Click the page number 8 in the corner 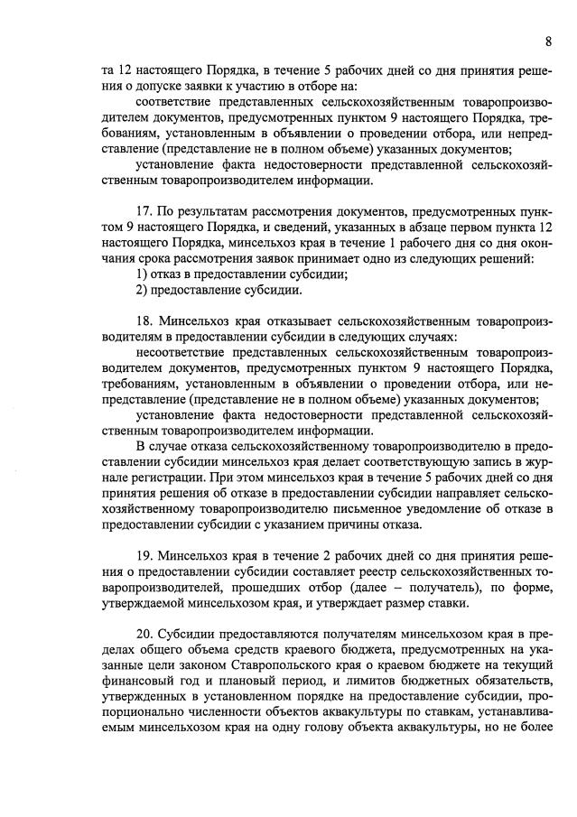(548, 41)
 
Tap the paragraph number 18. (143, 320)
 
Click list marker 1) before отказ (142, 274)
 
